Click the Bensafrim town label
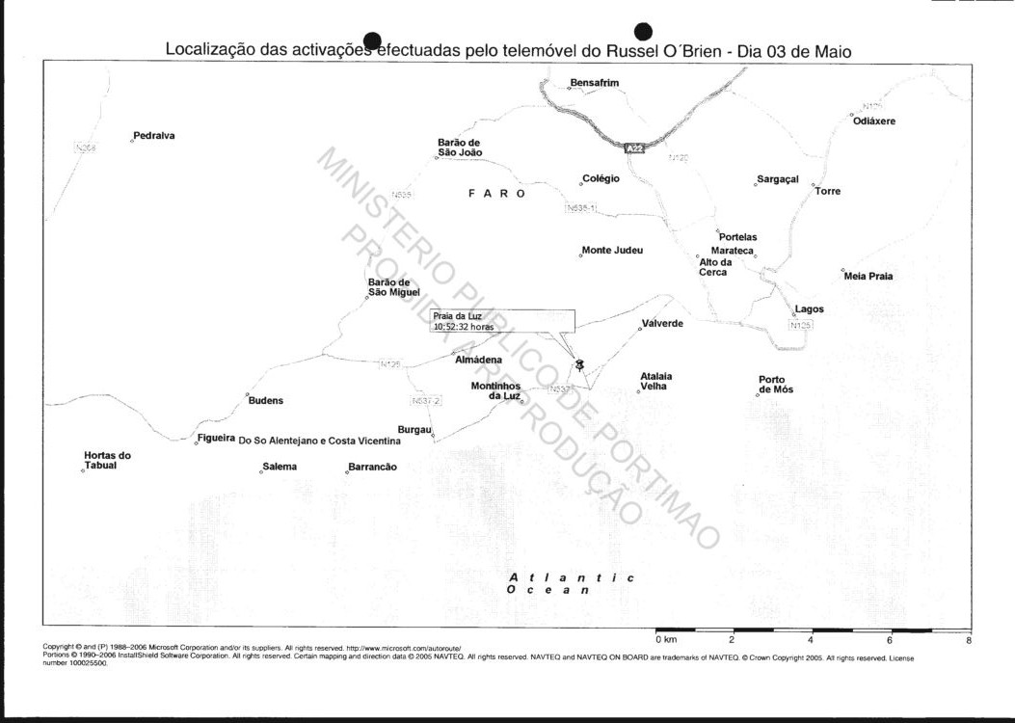point(594,83)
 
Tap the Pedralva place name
point(154,136)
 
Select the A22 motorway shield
point(633,148)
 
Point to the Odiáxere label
point(874,121)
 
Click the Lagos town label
point(810,309)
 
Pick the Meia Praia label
point(868,277)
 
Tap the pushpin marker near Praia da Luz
point(579,364)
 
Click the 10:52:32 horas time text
point(464,327)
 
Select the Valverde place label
point(662,324)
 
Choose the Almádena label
point(478,360)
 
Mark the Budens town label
point(266,401)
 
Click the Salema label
point(280,467)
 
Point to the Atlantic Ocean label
point(571,583)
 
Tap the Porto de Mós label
point(776,385)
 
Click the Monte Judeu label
point(612,251)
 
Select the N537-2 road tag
point(425,401)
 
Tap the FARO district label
point(497,194)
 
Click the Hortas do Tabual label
point(107,461)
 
